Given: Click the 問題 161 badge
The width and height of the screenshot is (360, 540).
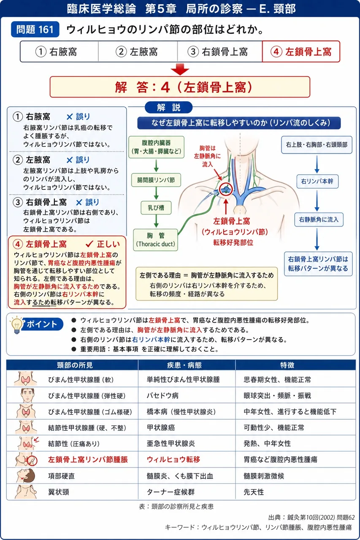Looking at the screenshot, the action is (x=35, y=30).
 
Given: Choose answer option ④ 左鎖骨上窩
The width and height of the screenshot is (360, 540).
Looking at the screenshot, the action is (x=301, y=51).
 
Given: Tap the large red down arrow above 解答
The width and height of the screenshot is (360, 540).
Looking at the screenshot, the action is (x=180, y=69).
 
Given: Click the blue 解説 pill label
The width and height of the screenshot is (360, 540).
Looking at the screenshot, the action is (x=168, y=107).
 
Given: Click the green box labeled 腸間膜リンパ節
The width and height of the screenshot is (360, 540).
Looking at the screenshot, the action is (x=156, y=180).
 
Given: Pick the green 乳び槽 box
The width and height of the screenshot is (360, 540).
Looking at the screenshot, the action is (x=156, y=208).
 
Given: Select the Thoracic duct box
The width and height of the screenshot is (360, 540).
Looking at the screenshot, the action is (x=156, y=240).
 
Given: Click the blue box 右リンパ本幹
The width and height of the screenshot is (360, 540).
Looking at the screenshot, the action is (x=317, y=181).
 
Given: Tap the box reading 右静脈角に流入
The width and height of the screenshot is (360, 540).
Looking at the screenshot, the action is (x=319, y=220).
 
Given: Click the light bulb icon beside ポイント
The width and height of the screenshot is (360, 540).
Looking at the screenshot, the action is (x=16, y=324).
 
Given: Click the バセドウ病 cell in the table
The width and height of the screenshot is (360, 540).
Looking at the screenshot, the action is (x=162, y=396).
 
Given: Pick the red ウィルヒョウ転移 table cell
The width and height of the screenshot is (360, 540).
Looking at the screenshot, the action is (x=173, y=459).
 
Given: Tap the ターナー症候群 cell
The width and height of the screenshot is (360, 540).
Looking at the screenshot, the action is (x=171, y=492).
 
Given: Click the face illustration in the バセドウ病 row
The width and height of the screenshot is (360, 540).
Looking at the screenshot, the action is (x=27, y=395).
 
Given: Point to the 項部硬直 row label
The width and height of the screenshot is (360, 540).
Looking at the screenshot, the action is (x=62, y=476).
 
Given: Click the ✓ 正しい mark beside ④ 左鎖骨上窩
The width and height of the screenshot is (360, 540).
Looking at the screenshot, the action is (x=103, y=244).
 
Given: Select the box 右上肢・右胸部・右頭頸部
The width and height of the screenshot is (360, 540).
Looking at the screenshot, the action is (x=317, y=145).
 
